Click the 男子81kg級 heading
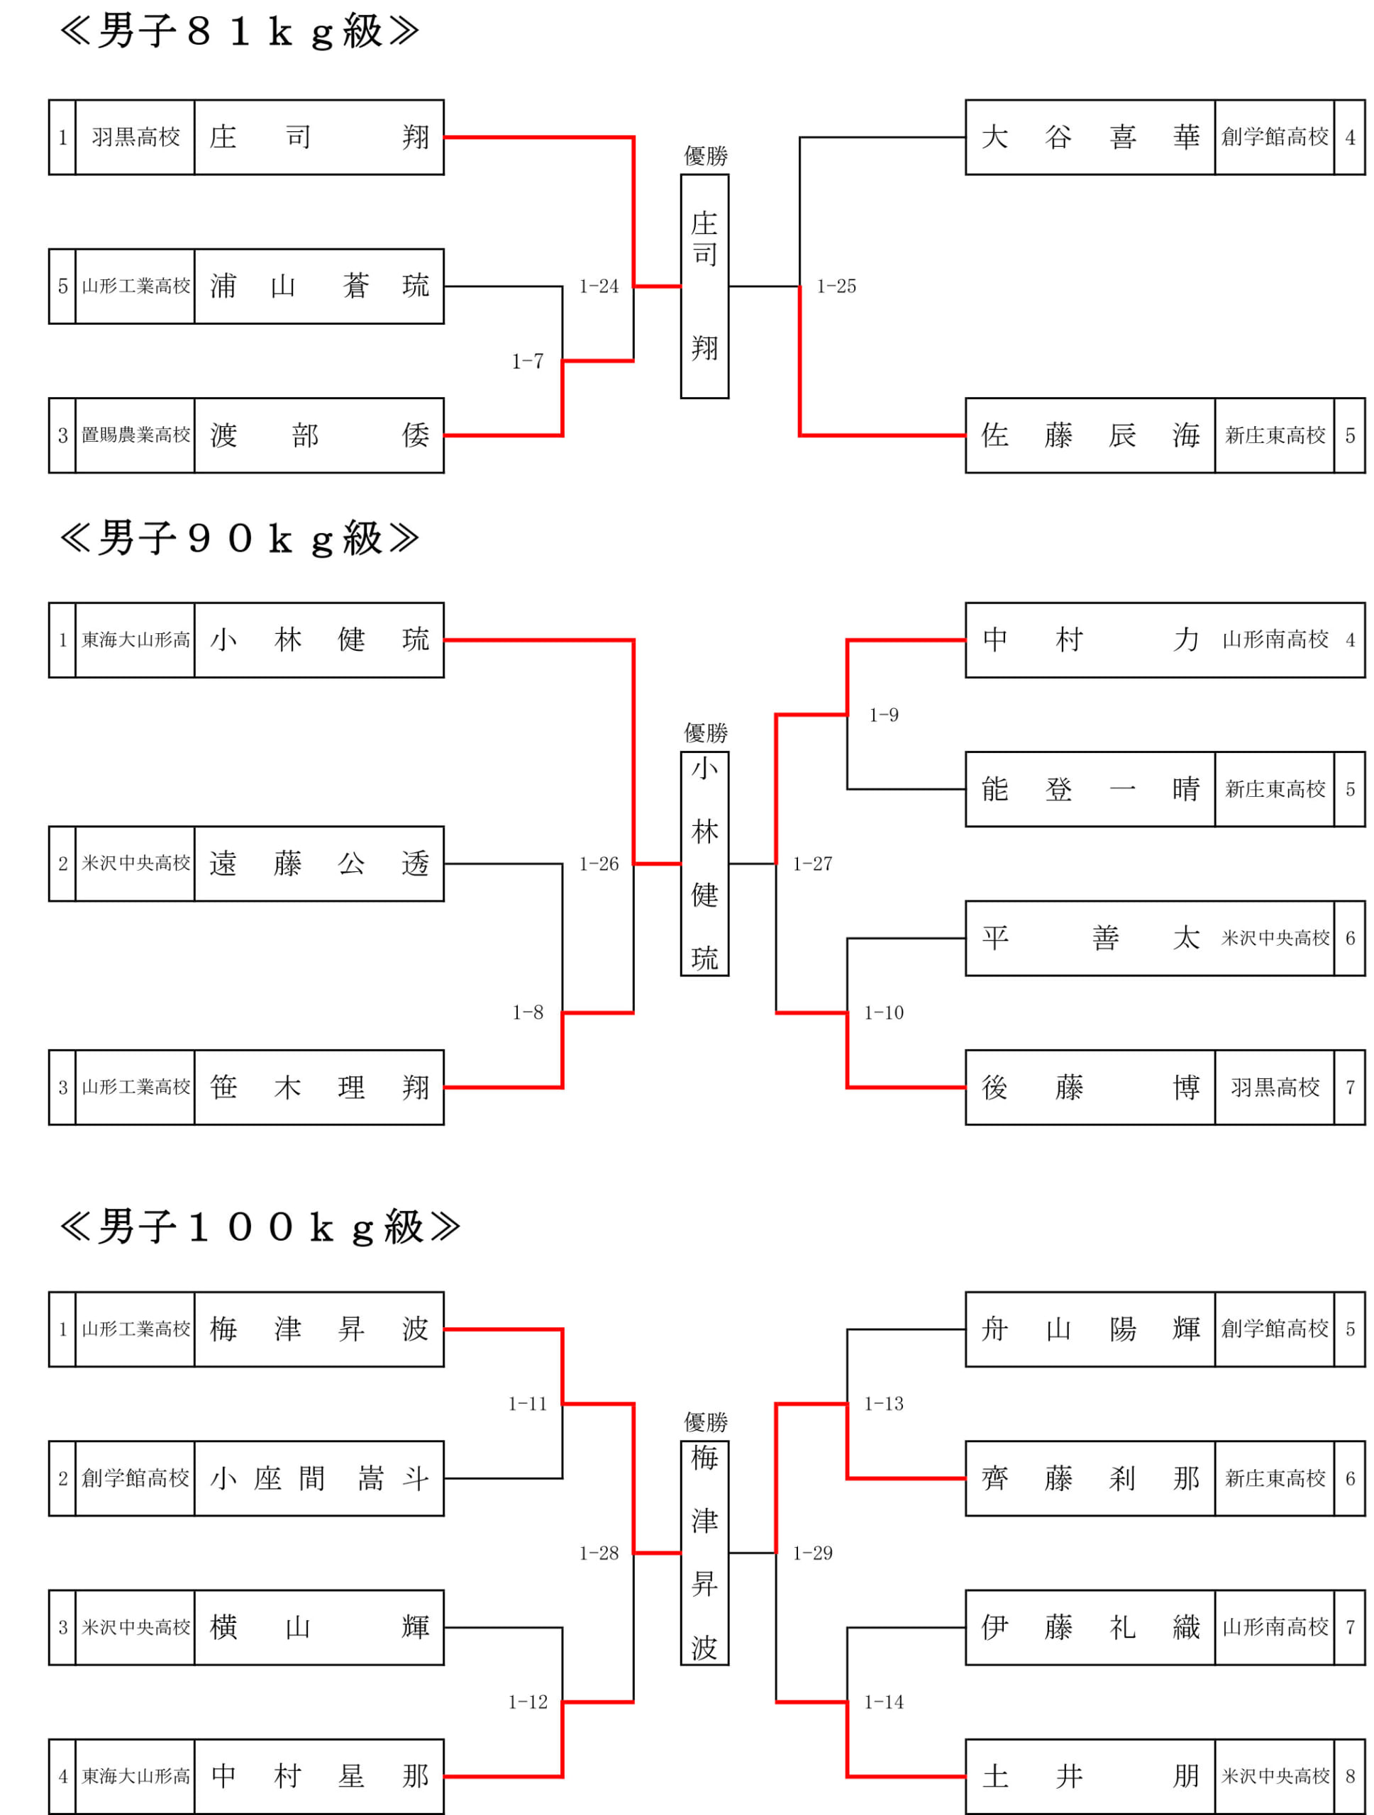tap(239, 32)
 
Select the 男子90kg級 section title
tap(239, 539)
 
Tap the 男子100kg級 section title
tap(260, 1227)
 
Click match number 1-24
tap(599, 286)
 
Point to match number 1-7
tap(527, 361)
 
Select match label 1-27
tap(813, 864)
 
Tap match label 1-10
tap(883, 1012)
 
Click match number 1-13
tap(883, 1404)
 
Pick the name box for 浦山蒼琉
tap(319, 286)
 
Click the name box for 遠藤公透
tap(319, 864)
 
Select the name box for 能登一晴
tap(1090, 789)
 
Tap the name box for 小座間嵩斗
tap(319, 1478)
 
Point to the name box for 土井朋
tap(1090, 1777)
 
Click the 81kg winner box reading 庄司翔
tap(704, 286)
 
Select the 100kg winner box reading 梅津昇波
tap(704, 1553)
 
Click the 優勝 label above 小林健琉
tap(705, 732)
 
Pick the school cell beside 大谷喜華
tap(1275, 137)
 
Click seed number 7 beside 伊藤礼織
tap(1350, 1627)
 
